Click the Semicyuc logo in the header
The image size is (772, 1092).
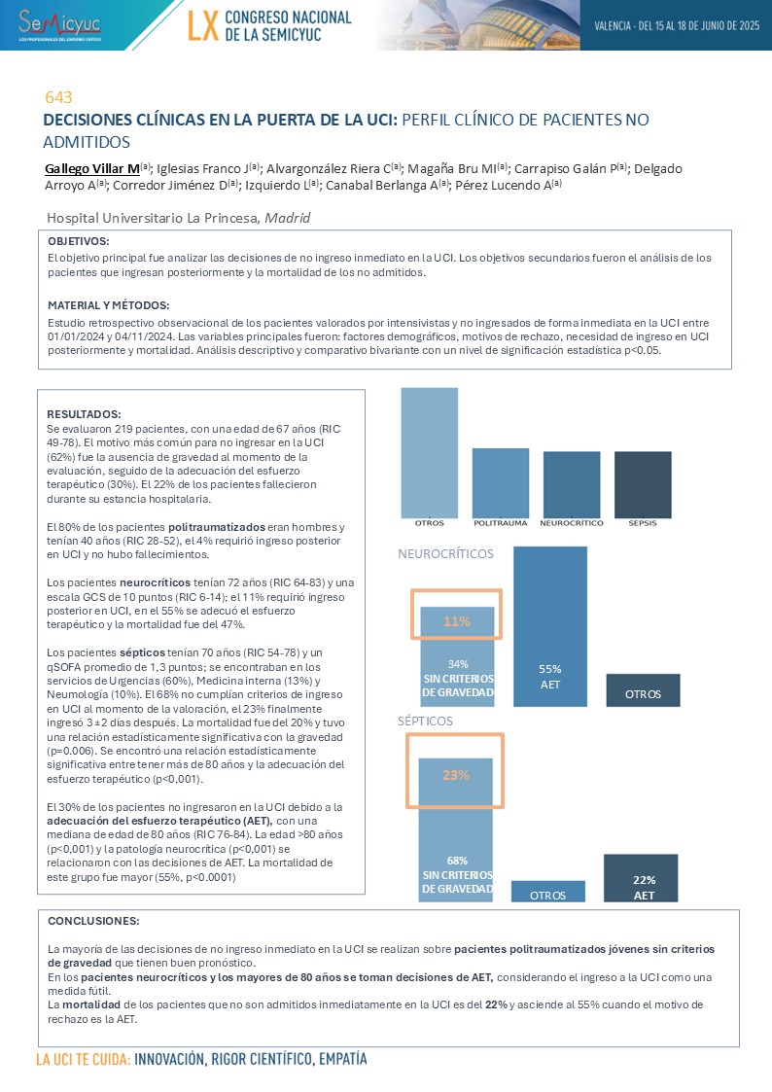(60, 23)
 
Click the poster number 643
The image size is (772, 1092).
(59, 97)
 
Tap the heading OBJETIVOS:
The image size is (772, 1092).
(79, 241)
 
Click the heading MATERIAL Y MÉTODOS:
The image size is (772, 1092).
(109, 304)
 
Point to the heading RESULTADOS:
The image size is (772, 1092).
(84, 413)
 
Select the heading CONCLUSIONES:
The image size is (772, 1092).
(93, 920)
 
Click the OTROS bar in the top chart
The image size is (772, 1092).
(429, 452)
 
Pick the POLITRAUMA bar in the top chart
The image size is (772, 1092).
(500, 482)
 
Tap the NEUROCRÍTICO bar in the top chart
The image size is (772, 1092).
(572, 484)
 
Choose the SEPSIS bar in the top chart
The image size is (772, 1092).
(642, 484)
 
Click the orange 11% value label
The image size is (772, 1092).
(456, 621)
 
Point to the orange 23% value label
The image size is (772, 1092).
(455, 775)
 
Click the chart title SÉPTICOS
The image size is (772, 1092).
(425, 722)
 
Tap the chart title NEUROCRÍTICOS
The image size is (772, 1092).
(446, 554)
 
